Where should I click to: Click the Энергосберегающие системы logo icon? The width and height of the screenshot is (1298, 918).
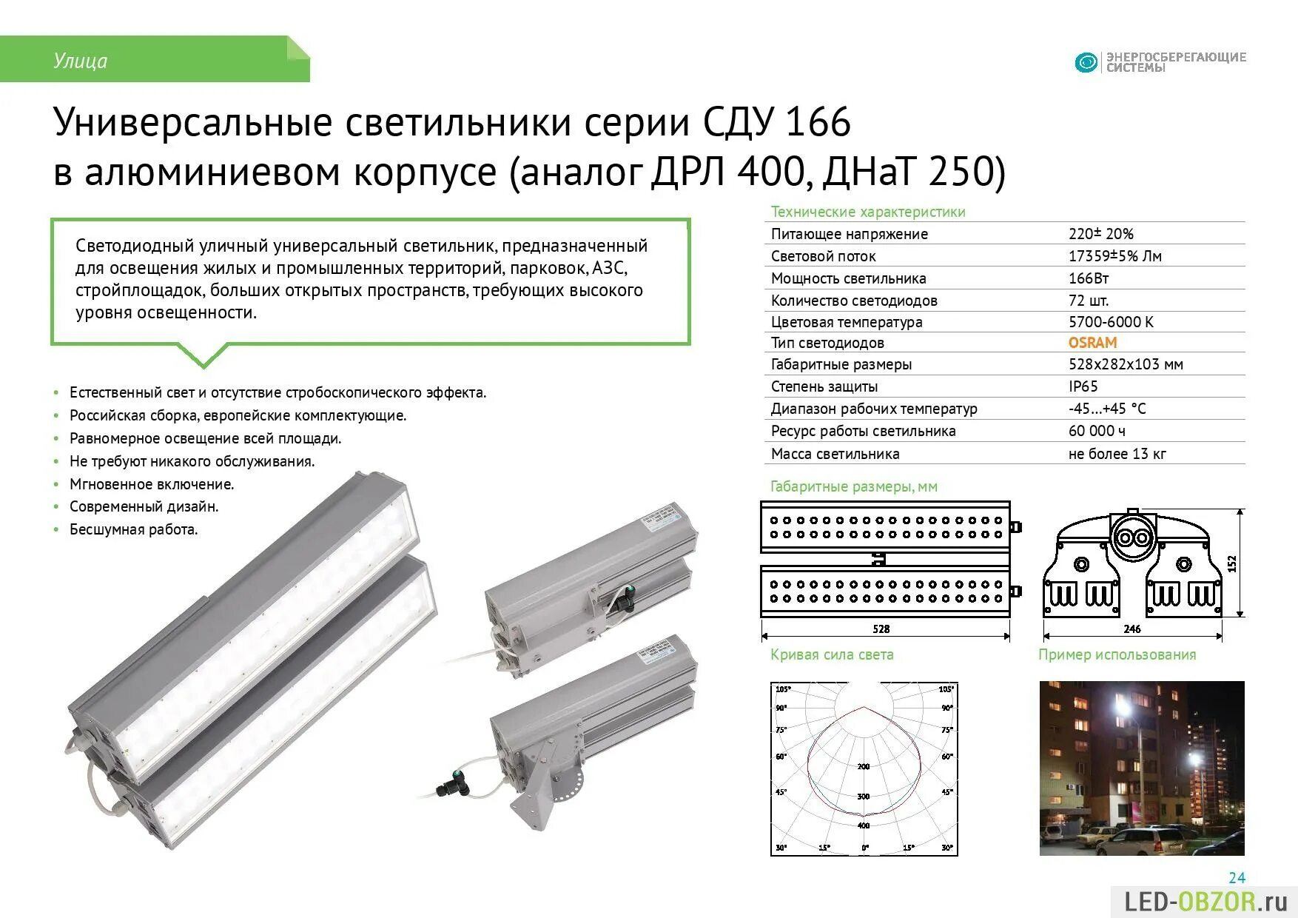point(1086,62)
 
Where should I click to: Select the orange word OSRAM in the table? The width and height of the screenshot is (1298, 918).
point(1092,343)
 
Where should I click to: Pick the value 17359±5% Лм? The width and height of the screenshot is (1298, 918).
point(1114,256)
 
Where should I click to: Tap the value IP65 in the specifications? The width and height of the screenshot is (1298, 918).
point(1083,386)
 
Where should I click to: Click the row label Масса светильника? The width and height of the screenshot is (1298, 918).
point(835,454)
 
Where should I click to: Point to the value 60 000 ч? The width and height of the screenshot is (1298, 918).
point(1097,431)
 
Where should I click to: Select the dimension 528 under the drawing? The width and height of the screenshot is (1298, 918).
point(881,629)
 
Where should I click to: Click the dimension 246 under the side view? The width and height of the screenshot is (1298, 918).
point(1131,629)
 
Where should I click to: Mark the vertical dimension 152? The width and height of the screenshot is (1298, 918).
point(1232,564)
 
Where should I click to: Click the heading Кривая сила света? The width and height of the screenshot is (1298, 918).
point(832,654)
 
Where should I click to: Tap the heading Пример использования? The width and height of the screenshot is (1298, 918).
point(1117,654)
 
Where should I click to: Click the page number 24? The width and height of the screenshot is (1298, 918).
point(1237,878)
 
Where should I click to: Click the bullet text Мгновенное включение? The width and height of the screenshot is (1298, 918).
point(152,484)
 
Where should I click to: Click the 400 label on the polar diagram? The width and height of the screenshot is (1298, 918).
point(864,825)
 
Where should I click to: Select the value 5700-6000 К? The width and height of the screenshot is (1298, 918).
point(1110,322)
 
